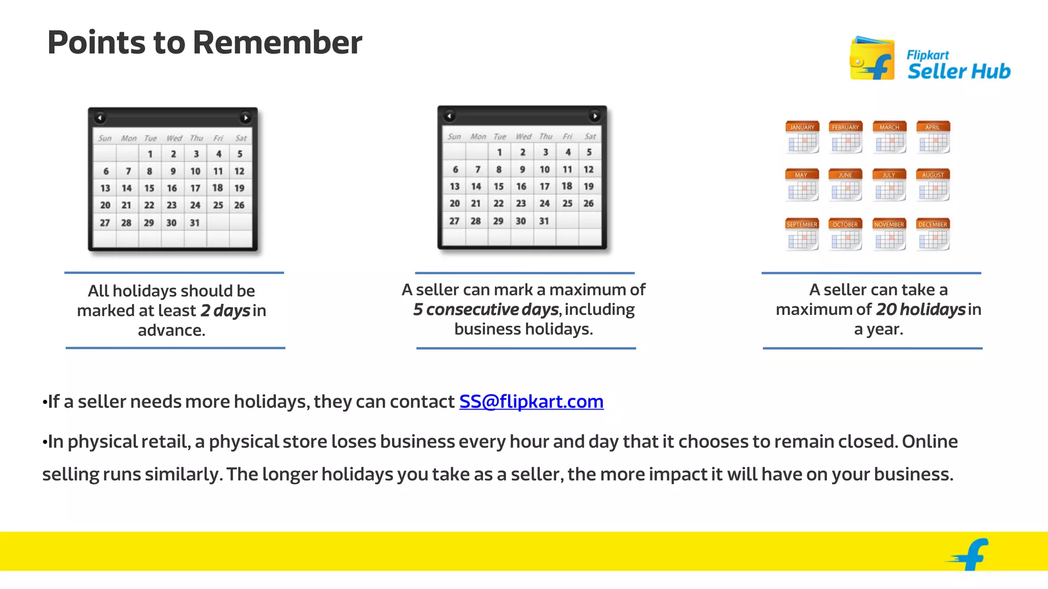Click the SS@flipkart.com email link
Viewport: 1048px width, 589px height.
tap(531, 401)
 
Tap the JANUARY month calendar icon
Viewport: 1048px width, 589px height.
tap(802, 137)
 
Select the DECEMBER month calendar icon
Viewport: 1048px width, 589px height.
tap(933, 234)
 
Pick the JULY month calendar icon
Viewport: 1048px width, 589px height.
tap(889, 185)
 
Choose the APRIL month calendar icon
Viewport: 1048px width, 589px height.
tap(933, 137)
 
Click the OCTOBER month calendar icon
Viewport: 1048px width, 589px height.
tap(845, 234)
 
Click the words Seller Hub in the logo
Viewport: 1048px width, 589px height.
tap(959, 71)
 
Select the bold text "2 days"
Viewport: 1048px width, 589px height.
tap(225, 310)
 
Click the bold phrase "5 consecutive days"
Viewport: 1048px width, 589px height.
tap(486, 309)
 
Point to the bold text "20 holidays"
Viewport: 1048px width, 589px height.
tap(921, 309)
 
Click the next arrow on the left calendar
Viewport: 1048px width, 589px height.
tap(246, 118)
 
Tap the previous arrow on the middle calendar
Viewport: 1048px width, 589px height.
tap(449, 116)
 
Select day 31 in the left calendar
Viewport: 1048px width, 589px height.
tap(194, 223)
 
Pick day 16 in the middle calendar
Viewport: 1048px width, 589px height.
tap(521, 187)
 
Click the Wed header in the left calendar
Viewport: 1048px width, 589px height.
tap(174, 138)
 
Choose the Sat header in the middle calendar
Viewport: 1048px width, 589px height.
tap(590, 137)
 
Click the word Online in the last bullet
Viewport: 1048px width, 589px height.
tap(929, 441)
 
